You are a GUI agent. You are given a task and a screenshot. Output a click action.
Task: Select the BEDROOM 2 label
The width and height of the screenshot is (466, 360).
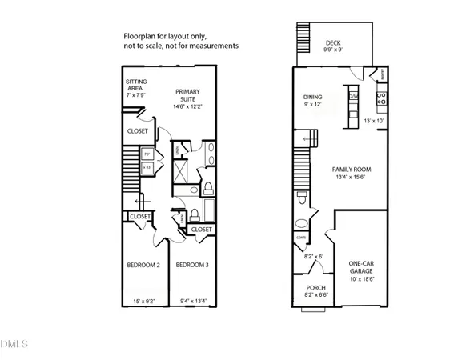(x=143, y=265)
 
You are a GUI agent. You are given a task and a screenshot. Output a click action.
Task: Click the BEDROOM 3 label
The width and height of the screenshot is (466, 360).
(x=192, y=265)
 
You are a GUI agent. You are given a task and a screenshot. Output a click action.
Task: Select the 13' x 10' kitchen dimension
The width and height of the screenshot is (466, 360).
(x=375, y=120)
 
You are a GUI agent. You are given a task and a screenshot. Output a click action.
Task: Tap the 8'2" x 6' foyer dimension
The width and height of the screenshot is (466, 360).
(x=308, y=257)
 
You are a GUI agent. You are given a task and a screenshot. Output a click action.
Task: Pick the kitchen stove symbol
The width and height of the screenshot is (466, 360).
(x=382, y=100)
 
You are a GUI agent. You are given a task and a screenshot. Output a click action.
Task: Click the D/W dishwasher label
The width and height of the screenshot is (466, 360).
(x=353, y=97)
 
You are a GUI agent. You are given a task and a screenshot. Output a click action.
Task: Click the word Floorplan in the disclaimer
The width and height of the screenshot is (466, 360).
(x=140, y=36)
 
